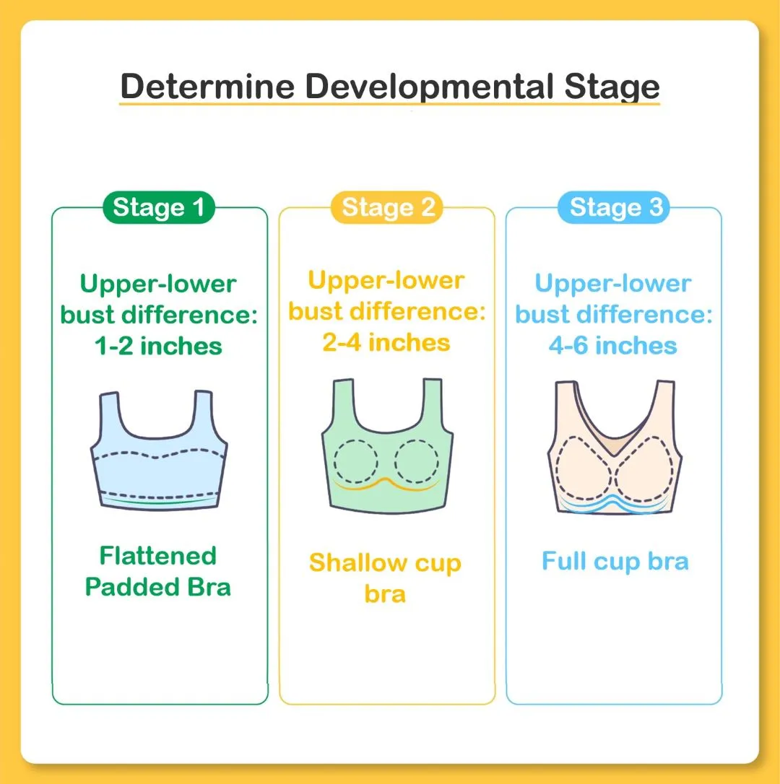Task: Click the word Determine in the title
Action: point(207,86)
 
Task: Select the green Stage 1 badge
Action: point(159,207)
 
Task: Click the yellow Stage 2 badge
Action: point(386,207)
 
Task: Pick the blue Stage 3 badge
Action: point(614,207)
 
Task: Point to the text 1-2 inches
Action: point(159,346)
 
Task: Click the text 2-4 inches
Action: point(386,342)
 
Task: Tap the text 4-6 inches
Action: point(613,346)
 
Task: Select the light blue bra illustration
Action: point(159,450)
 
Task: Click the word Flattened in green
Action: point(158,555)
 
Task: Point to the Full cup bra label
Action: point(615,562)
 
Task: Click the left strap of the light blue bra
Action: point(110,415)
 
